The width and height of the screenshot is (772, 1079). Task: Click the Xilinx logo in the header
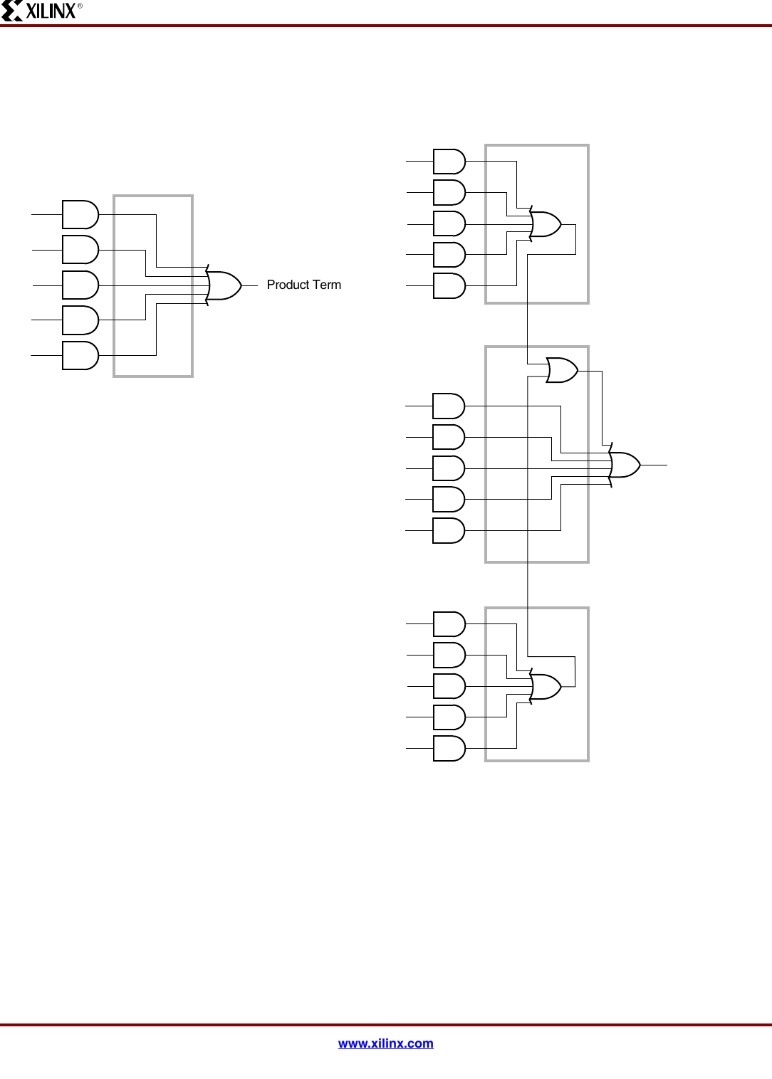pyautogui.click(x=41, y=11)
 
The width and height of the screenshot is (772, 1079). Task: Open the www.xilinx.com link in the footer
pyautogui.click(x=385, y=1043)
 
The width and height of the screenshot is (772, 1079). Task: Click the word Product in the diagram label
pyautogui.click(x=288, y=285)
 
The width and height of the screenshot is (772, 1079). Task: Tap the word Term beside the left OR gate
pyautogui.click(x=327, y=285)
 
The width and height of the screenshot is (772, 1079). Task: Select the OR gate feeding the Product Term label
pyautogui.click(x=224, y=285)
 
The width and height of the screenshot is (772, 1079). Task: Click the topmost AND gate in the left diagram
pyautogui.click(x=80, y=214)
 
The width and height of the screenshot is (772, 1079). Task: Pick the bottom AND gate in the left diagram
pyautogui.click(x=80, y=355)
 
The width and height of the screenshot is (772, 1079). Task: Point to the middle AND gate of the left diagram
pyautogui.click(x=80, y=285)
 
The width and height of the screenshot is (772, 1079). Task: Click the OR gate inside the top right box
pyautogui.click(x=546, y=224)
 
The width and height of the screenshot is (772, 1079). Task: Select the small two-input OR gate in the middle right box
pyautogui.click(x=561, y=370)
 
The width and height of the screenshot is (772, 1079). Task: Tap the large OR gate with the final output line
pyautogui.click(x=625, y=465)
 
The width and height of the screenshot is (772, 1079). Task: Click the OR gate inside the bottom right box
pyautogui.click(x=546, y=687)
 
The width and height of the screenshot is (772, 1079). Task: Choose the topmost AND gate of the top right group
pyautogui.click(x=449, y=162)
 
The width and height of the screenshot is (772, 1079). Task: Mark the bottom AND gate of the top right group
pyautogui.click(x=449, y=285)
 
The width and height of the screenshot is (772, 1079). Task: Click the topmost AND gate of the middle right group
pyautogui.click(x=448, y=406)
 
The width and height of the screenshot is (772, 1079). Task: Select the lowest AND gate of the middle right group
pyautogui.click(x=448, y=530)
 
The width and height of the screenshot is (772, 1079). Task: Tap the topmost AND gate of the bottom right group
pyautogui.click(x=449, y=624)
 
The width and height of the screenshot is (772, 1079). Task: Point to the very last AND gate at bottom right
pyautogui.click(x=449, y=748)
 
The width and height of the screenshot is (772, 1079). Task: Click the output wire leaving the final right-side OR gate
pyautogui.click(x=654, y=465)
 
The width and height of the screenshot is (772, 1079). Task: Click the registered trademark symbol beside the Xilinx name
pyautogui.click(x=80, y=6)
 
